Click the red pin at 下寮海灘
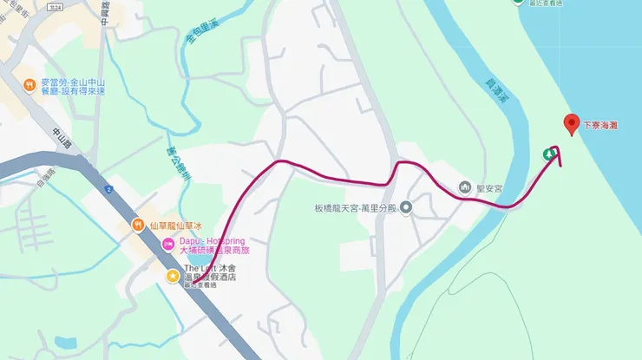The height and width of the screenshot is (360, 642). point(571,124)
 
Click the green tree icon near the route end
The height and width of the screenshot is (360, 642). point(549,154)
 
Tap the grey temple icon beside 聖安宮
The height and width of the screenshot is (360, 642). point(466,187)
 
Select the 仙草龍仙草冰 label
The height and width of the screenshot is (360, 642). point(175,226)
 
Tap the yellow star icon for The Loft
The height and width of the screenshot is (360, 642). point(173,275)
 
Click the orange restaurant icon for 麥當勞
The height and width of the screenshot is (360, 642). point(29,85)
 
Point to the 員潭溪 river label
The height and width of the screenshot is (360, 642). point(495,90)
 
